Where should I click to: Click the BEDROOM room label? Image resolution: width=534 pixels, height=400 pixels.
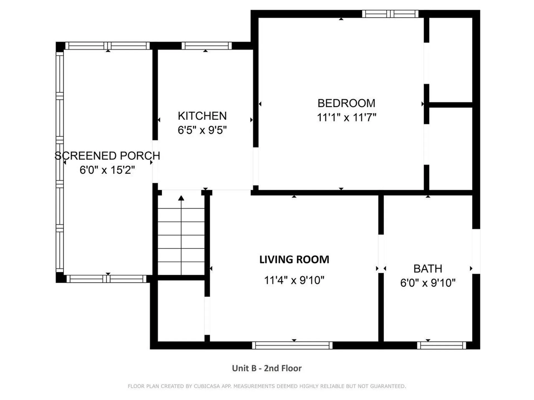[x=346, y=103]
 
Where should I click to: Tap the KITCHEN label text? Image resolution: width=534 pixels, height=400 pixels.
[x=202, y=116]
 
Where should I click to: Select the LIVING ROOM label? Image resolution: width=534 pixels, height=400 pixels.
[x=294, y=259]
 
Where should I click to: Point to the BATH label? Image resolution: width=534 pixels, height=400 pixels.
[x=428, y=269]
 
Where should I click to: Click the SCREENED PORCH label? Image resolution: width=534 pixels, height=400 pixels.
[x=107, y=156]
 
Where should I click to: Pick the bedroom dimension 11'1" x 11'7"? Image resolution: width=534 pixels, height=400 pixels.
[x=347, y=117]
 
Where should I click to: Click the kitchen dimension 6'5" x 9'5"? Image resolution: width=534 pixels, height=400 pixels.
[x=202, y=130]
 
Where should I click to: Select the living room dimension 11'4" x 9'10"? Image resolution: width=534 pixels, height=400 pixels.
[x=294, y=280]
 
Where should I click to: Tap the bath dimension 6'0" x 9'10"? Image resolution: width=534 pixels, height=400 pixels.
[x=428, y=283]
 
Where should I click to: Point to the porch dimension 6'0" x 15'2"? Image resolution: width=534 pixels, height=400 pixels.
[x=107, y=170]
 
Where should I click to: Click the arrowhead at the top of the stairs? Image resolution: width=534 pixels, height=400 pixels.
[x=181, y=198]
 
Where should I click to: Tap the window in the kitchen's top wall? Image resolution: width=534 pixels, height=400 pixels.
[x=207, y=46]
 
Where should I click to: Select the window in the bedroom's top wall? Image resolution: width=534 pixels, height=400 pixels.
[x=390, y=14]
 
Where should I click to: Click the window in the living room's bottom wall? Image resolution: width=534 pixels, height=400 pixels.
[x=292, y=345]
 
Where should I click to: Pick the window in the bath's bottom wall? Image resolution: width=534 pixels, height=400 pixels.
[x=442, y=345]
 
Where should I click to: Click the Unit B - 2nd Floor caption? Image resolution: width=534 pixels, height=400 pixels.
[x=267, y=368]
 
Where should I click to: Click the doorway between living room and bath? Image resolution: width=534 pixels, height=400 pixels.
[x=381, y=254]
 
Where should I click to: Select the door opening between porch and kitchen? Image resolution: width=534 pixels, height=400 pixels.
[x=155, y=162]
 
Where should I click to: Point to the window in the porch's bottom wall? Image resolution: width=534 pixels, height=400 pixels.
[x=107, y=279]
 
